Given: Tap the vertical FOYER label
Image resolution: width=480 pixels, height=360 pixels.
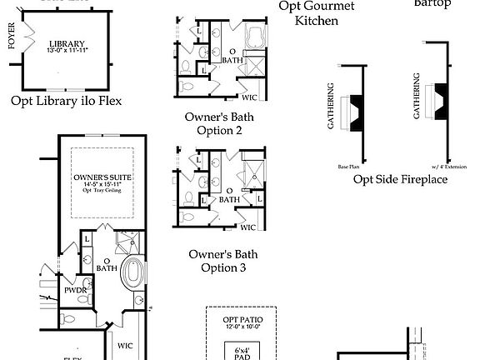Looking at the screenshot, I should point(12,39).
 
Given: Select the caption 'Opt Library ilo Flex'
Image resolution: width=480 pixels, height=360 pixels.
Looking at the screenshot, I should point(67,101).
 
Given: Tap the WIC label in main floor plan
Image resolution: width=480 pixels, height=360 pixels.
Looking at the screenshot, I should point(125,345).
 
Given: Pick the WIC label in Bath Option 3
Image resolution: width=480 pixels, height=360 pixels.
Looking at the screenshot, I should point(247,226).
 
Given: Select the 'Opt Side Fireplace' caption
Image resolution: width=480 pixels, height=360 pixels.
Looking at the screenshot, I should point(400,178).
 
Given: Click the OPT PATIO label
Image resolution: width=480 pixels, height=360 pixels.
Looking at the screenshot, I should point(241,320).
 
